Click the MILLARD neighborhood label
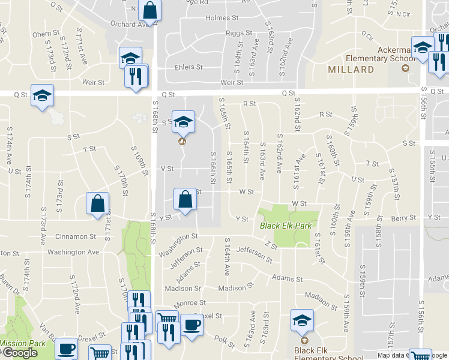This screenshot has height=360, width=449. tap(351, 70)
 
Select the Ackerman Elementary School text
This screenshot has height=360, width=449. tap(381, 54)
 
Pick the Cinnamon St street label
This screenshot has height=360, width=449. tap(76, 236)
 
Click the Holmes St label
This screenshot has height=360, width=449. tap(218, 18)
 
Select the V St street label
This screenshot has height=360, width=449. tap(167, 169)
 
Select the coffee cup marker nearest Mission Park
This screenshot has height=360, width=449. tap(66, 349)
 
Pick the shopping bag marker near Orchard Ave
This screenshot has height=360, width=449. tap(149, 10)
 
